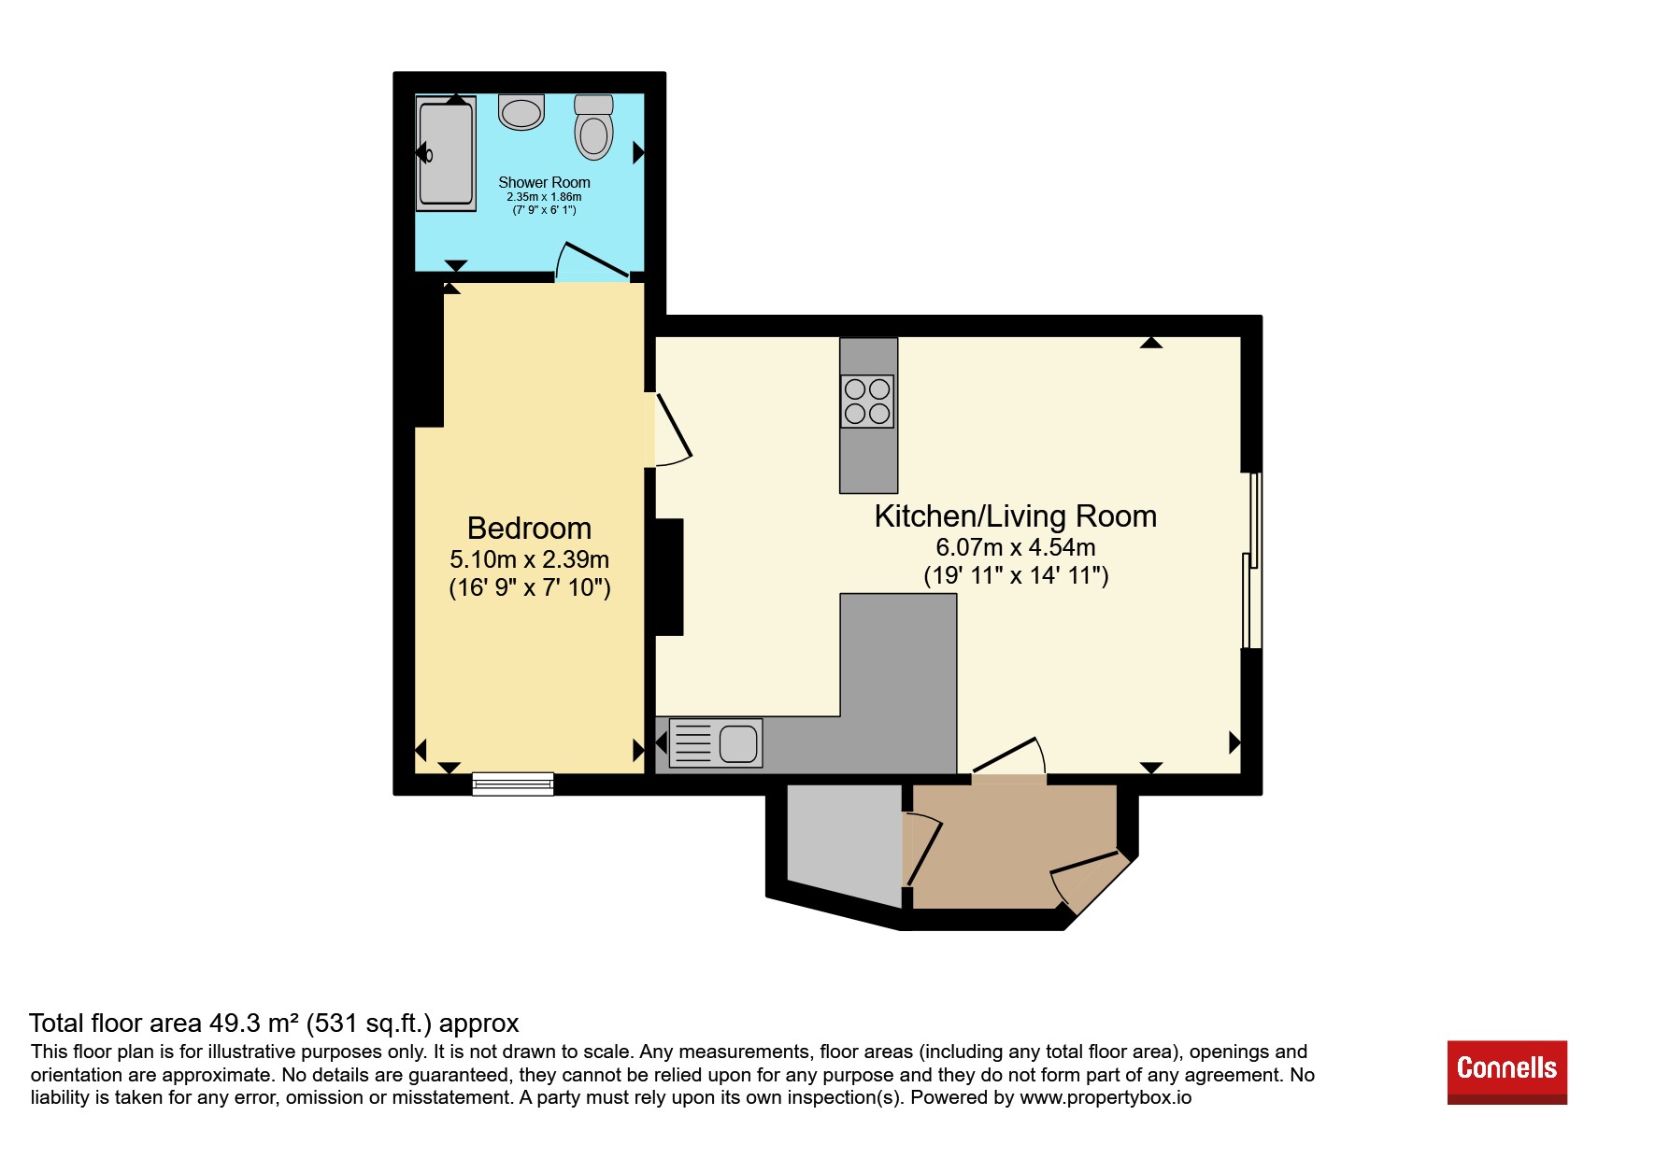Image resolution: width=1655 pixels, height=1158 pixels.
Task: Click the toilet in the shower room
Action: (593, 127)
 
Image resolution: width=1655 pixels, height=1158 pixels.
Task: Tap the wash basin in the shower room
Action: (521, 112)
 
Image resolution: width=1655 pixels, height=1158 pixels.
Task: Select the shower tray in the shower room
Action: (446, 154)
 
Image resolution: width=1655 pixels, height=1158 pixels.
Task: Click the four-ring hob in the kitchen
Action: (867, 401)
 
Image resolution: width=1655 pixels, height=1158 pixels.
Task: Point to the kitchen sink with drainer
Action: (716, 743)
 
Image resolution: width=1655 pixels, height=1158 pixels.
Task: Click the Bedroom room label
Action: (529, 529)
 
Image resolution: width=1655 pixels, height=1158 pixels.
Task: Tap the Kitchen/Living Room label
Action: (1016, 516)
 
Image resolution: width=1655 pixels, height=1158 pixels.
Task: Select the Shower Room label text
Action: (544, 182)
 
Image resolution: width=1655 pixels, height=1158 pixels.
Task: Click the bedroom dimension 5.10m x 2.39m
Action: (529, 559)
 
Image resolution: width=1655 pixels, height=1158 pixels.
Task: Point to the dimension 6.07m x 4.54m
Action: (1016, 547)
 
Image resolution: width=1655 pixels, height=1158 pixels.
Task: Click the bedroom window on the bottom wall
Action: (513, 784)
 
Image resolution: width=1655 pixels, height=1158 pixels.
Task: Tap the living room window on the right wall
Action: (1252, 559)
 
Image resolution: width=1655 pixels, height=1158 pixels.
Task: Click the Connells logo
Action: (1506, 1072)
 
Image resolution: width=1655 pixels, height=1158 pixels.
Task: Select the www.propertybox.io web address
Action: (1106, 1097)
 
